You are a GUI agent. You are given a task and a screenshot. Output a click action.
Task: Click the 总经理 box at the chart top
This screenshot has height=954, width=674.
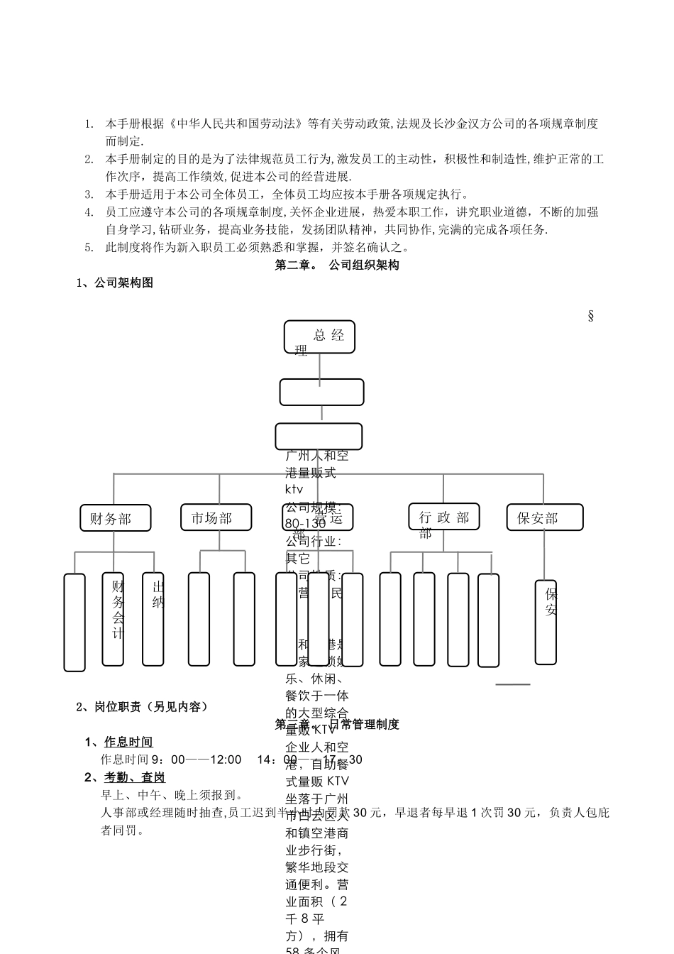tap(319, 336)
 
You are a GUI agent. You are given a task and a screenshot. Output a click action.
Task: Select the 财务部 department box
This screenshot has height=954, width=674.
tap(116, 518)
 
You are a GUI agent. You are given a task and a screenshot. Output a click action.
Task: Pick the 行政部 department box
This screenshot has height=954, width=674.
tap(444, 517)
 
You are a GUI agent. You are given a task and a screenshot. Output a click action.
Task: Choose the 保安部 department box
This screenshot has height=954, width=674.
tap(545, 517)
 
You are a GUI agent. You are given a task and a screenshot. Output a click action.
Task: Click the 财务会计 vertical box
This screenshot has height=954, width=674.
tap(114, 619)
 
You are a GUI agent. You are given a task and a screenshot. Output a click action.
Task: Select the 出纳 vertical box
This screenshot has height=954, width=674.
tap(153, 619)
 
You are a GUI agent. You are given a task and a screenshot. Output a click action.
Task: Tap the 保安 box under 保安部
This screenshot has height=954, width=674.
tap(546, 622)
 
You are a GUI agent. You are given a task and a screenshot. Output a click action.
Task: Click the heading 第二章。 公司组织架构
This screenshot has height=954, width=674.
tap(337, 265)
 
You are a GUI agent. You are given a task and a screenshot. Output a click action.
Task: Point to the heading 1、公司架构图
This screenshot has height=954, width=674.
tap(115, 283)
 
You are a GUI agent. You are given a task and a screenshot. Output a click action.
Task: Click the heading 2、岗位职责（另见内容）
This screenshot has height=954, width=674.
tap(142, 707)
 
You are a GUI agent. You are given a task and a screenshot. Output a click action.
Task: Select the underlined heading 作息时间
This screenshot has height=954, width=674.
tap(128, 742)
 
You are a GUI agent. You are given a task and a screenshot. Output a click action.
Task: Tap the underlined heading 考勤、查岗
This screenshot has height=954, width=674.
tap(135, 778)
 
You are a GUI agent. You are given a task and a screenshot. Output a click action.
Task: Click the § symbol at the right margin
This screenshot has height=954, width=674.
tap(590, 316)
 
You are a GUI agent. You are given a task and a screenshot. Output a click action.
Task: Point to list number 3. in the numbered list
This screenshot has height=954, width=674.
tap(89, 194)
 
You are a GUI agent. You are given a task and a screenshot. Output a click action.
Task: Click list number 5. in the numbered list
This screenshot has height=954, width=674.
tap(89, 248)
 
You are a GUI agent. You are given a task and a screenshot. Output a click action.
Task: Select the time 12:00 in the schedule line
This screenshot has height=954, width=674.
tap(225, 760)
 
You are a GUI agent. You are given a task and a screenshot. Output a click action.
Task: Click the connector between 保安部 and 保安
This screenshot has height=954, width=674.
tap(545, 555)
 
